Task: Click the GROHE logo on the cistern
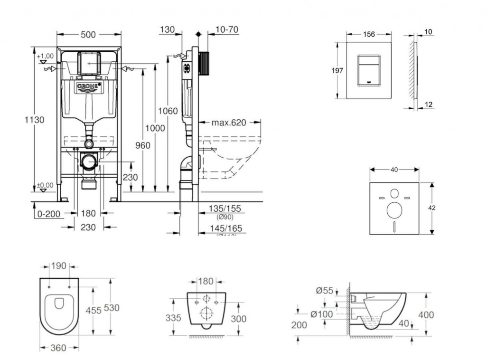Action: coord(89,86)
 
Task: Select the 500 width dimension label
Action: coord(88,34)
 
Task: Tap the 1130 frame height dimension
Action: coord(35,120)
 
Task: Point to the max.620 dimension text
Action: coord(229,123)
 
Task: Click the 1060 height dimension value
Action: coord(168,111)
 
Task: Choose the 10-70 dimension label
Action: coord(226,29)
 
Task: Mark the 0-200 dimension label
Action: coord(49,214)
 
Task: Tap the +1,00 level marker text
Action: coord(46,56)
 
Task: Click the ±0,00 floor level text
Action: coord(46,185)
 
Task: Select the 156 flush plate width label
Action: coord(369,34)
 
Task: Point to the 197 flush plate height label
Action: coord(337,70)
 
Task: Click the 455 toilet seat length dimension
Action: coord(93,310)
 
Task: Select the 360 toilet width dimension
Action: coord(58,348)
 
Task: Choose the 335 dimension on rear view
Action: coord(174,318)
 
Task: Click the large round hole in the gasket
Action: coord(394,210)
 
